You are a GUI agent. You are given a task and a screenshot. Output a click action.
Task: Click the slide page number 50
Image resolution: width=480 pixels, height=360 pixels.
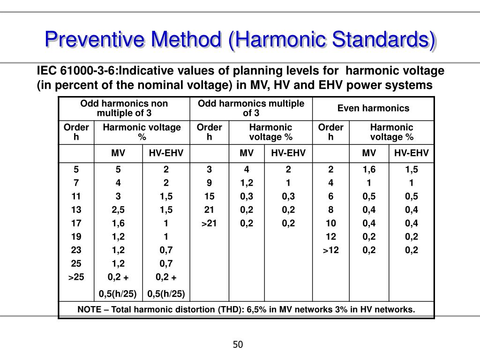[238, 345]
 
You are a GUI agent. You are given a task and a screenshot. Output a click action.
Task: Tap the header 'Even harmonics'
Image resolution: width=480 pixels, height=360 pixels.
[373, 109]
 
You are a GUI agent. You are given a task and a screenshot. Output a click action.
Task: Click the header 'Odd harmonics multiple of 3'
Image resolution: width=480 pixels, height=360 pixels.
[251, 109]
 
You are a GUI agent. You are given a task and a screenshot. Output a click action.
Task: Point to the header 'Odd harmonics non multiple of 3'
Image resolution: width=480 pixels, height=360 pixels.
[124, 109]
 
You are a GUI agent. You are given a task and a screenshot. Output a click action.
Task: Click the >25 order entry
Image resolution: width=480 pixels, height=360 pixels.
[76, 277]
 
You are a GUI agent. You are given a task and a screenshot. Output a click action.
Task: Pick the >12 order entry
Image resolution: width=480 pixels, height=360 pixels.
[330, 250]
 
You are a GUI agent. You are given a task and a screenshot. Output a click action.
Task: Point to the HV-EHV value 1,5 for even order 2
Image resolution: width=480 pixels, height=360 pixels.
[411, 170]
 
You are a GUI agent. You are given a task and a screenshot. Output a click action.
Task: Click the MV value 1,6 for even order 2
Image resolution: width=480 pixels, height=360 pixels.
[369, 170]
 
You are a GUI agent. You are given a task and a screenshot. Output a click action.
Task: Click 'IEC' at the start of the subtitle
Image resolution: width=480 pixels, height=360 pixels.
[47, 71]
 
